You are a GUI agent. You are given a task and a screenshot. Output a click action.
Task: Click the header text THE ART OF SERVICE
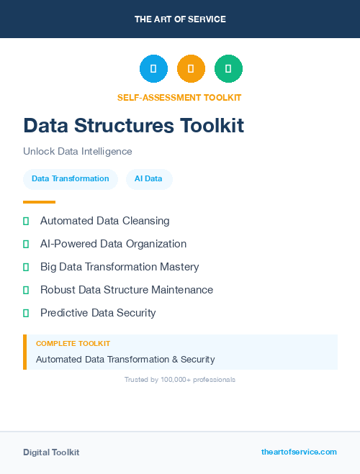180,19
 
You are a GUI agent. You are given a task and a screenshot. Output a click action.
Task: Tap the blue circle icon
153,69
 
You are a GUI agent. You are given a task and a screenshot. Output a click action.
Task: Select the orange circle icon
191,69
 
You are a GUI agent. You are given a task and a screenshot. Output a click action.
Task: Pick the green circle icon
228,69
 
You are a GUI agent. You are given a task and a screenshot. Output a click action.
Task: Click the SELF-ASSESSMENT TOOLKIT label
179,98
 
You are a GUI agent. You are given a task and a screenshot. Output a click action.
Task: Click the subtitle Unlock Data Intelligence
78,152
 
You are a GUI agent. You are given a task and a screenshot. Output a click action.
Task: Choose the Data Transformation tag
71,178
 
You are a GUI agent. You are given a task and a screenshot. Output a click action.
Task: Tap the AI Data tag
148,178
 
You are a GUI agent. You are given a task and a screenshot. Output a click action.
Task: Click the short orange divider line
39,202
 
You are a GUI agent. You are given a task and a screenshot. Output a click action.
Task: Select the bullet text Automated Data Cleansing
104,221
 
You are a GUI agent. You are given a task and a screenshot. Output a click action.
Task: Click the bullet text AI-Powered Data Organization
113,244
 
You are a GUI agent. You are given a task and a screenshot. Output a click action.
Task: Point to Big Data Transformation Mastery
120,267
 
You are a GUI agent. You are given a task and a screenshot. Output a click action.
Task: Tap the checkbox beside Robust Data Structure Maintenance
26,290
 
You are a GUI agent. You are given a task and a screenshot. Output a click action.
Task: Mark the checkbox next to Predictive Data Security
26,313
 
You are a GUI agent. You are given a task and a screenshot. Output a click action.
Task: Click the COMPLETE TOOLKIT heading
73,344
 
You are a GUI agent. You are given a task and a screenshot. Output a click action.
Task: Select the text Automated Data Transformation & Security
125,359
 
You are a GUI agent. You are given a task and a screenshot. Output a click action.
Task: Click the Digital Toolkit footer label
51,452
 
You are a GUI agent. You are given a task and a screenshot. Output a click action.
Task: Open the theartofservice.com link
299,452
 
